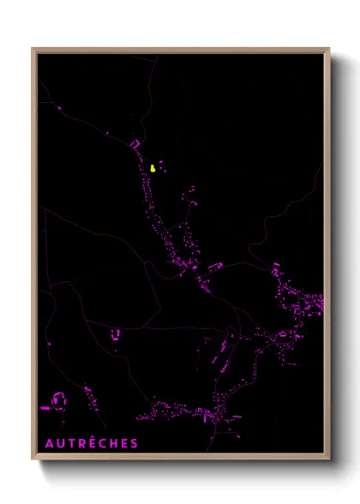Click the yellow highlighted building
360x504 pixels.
point(153,168)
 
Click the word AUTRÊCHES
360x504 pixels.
point(91,443)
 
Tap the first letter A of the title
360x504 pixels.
point(49,443)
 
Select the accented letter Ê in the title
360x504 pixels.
point(94,443)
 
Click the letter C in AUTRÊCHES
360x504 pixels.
point(105,443)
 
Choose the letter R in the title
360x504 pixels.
point(83,443)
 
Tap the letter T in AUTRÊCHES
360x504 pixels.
point(72,443)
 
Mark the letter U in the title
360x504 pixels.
point(61,443)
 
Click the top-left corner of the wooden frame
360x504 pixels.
point(33,49)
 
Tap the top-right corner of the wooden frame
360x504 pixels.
point(329,49)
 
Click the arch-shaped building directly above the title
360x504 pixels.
point(59,399)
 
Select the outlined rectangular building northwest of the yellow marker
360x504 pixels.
point(135,144)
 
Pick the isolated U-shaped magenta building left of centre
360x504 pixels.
point(116,334)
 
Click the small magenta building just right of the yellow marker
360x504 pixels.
point(160,163)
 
